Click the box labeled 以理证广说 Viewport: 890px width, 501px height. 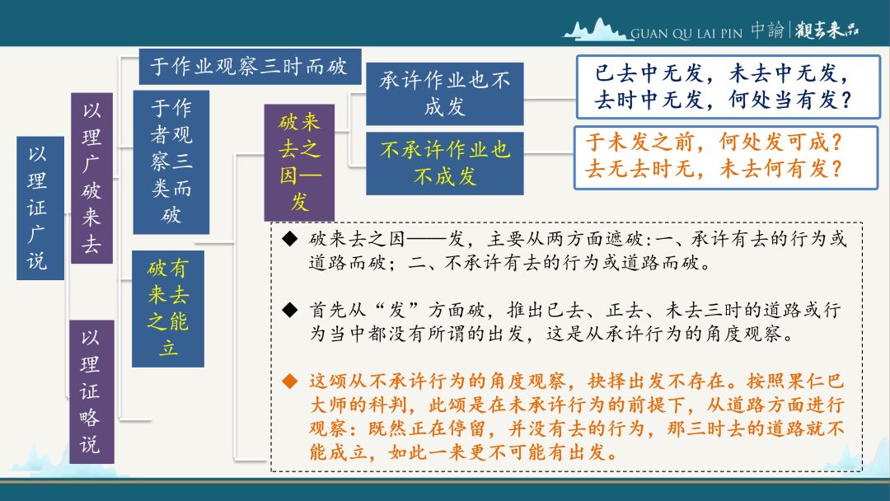tap(40, 208)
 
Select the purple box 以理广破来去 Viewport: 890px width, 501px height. tap(92, 178)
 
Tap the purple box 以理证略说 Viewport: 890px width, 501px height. tap(92, 391)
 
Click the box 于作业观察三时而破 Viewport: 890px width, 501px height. tap(250, 67)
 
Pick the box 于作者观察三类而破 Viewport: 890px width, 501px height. tap(171, 162)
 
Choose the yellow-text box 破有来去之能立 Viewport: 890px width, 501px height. tap(168, 309)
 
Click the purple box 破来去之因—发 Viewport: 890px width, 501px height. tap(299, 162)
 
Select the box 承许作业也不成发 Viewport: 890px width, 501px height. tap(444, 94)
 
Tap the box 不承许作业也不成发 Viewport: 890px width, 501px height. tap(444, 163)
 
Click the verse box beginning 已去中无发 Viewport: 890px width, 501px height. tap(728, 87)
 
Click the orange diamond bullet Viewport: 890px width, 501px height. tap(290, 382)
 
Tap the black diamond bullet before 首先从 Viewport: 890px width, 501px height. tap(290, 310)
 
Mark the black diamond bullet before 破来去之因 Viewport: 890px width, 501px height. tap(290, 239)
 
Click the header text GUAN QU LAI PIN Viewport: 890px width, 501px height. tap(686, 34)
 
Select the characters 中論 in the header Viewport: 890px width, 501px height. tap(767, 30)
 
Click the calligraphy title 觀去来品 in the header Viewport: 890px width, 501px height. tap(827, 30)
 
